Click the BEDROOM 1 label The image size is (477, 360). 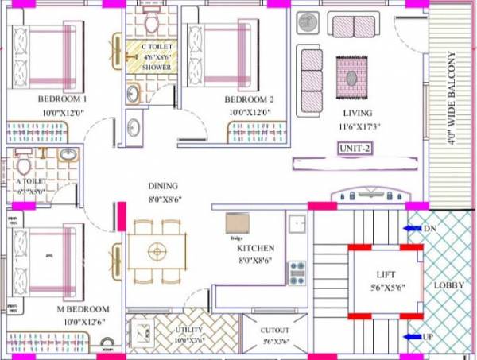(x=62, y=99)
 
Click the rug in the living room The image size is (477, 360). (x=350, y=76)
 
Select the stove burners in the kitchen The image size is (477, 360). (x=297, y=273)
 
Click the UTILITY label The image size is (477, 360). (x=188, y=329)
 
